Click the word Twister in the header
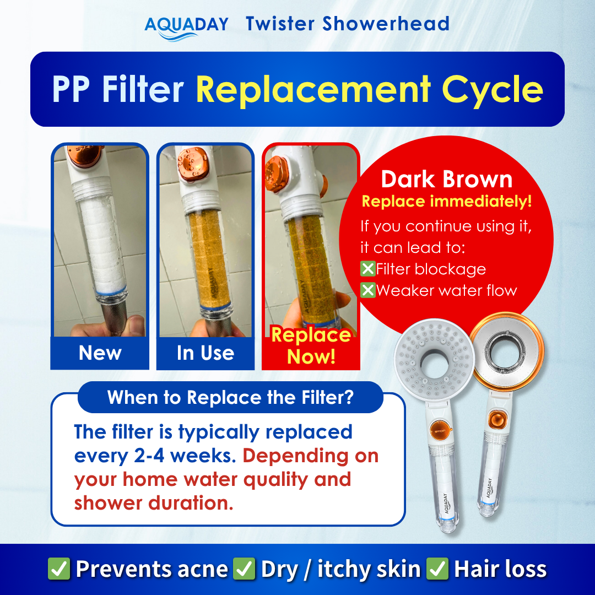280,24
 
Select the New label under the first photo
100,353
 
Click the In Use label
205,353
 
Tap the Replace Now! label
311,346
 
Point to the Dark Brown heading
446,180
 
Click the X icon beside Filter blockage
367,269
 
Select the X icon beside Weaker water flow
367,290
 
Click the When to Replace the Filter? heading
230,397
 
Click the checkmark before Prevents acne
59,569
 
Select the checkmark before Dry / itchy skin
244,569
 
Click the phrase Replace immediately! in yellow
446,201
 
